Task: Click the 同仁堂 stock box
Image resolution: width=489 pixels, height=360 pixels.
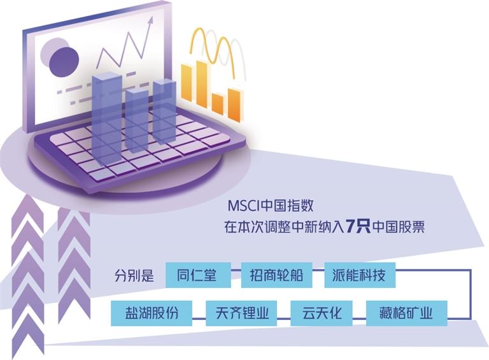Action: point(196,276)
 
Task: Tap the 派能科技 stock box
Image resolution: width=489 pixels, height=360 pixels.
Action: point(359,276)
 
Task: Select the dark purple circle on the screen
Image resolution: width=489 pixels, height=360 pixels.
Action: point(63,59)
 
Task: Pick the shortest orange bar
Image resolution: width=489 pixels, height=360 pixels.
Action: point(218,105)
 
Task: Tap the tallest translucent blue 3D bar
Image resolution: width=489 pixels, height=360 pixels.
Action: point(106,115)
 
